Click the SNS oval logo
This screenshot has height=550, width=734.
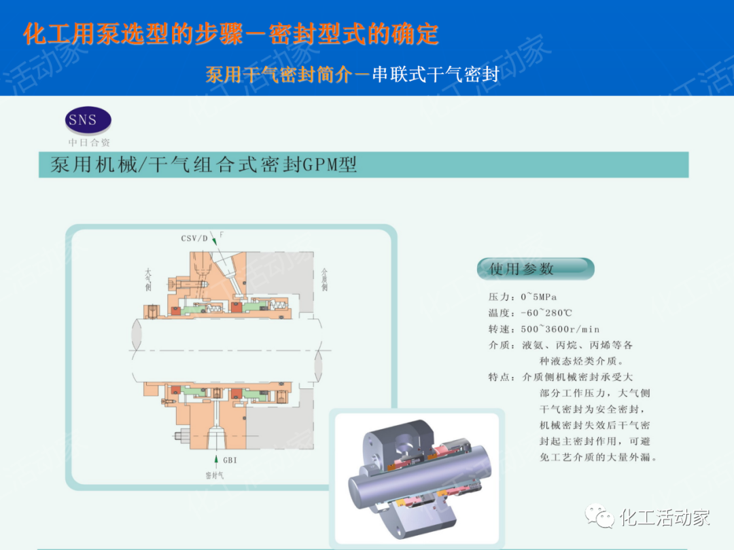coord(88,121)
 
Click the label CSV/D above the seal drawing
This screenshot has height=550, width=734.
coord(194,238)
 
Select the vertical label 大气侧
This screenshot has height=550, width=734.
coord(147,279)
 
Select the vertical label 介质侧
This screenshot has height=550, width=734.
coord(324,279)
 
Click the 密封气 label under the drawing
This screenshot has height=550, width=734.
coord(214,475)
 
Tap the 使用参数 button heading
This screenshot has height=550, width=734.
coord(522,269)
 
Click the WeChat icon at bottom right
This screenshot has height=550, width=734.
coord(601,517)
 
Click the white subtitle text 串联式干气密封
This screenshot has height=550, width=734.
coord(436,74)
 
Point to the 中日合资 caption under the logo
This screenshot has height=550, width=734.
coord(89,143)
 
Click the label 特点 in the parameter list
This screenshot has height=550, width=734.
coord(502,377)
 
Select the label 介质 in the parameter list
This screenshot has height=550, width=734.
coord(502,345)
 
